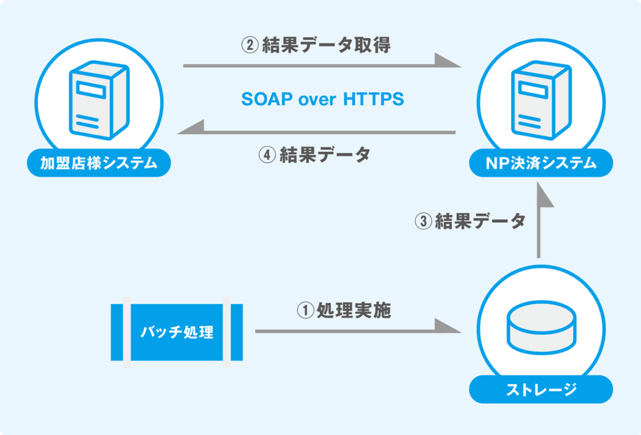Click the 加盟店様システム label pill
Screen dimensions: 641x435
[99, 163]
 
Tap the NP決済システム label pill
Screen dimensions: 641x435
[541, 163]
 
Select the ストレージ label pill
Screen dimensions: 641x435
[541, 389]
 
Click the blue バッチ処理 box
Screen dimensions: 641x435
[177, 332]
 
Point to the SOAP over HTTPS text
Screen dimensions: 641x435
[323, 99]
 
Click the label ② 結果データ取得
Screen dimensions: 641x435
[316, 45]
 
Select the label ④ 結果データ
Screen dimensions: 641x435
[315, 154]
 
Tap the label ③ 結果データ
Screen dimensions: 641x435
[470, 221]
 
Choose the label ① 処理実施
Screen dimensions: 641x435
[344, 310]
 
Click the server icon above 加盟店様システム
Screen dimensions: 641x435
[99, 100]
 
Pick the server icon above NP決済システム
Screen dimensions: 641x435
[541, 100]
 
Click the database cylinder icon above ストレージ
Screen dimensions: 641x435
[542, 327]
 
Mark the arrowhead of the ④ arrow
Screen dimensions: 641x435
[191, 127]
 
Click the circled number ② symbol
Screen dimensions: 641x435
[250, 46]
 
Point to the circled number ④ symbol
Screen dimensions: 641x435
[267, 155]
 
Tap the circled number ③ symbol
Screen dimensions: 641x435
[423, 222]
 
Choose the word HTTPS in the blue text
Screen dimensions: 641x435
[374, 99]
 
